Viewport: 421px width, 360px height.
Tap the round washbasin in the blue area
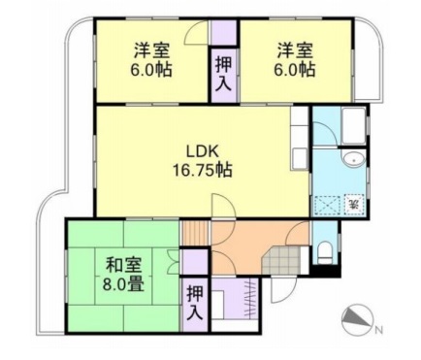pos(352,160)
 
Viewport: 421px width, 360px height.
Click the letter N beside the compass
pos(378,328)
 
